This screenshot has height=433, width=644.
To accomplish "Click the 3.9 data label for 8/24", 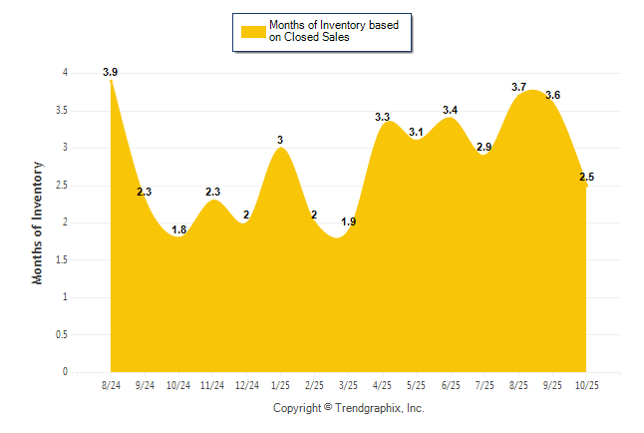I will [x=110, y=72].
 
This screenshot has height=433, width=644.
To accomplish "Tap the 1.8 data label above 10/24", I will [x=178, y=229].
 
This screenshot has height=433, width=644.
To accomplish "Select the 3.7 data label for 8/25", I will [x=518, y=87].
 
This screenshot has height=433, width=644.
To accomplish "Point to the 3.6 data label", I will [x=552, y=95].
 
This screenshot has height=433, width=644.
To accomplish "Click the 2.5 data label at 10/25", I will [x=586, y=177].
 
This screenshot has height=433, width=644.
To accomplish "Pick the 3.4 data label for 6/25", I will [x=451, y=110].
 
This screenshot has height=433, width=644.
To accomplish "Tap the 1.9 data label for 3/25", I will [x=348, y=221].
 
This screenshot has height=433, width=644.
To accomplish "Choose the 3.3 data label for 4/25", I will [x=382, y=117].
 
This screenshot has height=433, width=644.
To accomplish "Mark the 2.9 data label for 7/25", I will [x=484, y=147].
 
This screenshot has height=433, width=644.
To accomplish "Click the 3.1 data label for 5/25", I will [x=416, y=132].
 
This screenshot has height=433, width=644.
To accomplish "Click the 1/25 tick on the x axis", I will [x=280, y=384].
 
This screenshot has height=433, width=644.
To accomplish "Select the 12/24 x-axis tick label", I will [x=246, y=384].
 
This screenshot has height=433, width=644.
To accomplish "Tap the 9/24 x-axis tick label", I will [x=145, y=384].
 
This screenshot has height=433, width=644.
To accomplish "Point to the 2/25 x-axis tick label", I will [x=314, y=384].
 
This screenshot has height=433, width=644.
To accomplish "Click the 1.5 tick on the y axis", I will [x=61, y=259].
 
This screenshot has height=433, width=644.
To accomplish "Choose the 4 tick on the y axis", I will [x=65, y=73].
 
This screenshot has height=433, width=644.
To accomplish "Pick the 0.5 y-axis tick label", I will [x=61, y=334].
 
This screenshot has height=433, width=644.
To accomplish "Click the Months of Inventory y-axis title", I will [x=38, y=222].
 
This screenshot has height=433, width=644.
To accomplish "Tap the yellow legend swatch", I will [x=253, y=31].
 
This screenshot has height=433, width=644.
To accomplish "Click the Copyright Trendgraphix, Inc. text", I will [x=349, y=408].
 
